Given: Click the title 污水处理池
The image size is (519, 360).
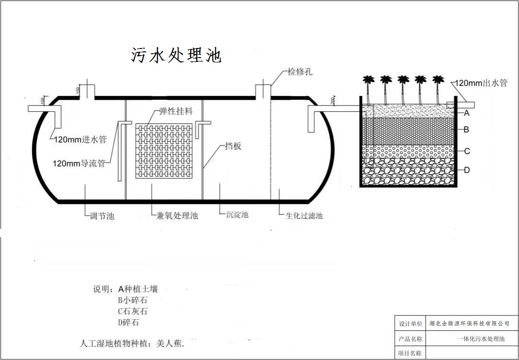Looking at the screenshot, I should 176,55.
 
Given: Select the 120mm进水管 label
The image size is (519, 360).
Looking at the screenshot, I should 80,140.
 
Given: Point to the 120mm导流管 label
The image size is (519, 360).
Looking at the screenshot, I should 79,163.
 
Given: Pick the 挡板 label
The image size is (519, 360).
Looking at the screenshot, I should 233,146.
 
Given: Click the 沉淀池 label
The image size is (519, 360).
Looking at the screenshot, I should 237,215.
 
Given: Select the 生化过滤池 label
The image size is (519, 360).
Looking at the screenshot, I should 304,216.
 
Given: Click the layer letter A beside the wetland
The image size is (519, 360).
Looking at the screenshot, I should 466,113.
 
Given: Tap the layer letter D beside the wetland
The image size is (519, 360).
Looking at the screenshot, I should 467,170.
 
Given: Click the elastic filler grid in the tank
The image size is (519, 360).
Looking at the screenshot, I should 164,151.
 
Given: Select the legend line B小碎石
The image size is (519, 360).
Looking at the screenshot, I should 132,300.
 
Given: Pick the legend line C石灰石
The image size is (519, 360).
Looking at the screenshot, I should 132,312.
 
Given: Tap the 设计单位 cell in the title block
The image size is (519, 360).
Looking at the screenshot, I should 411,324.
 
